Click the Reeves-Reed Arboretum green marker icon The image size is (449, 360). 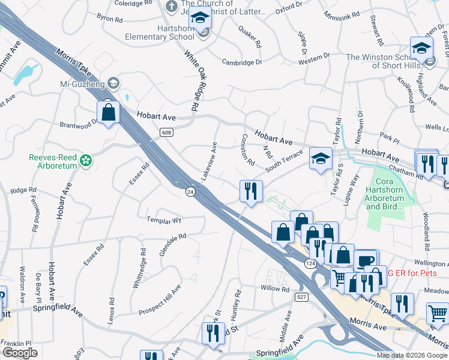(x=86, y=160)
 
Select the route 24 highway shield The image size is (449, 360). (x=190, y=191)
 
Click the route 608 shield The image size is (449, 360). (x=166, y=131)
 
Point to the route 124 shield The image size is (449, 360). (x=310, y=263)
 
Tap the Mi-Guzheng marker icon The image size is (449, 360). (x=113, y=83)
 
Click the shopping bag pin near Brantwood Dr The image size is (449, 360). (x=108, y=112)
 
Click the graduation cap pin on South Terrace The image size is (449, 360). (x=321, y=159)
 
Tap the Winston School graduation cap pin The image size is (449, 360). (x=421, y=48)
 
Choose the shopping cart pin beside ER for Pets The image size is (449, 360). (x=438, y=313)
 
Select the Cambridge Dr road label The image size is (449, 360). (x=243, y=62)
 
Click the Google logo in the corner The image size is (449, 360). (x=20, y=353)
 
